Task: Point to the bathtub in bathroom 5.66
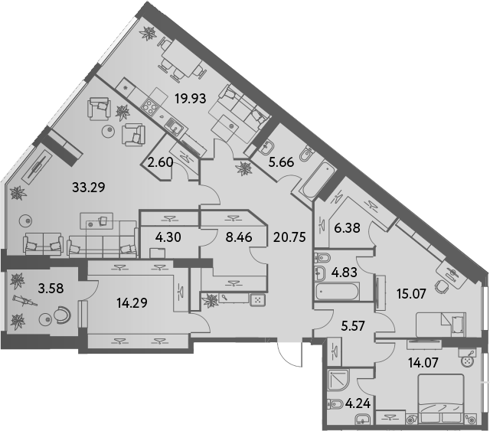(315, 181)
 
